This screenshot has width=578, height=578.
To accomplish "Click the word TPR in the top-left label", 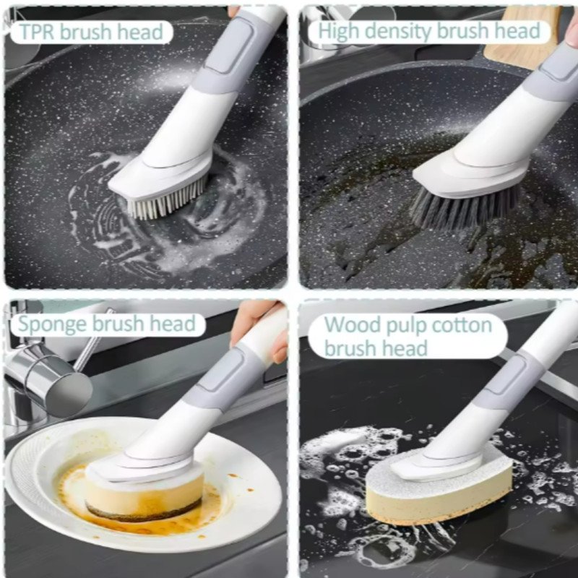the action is [38, 32].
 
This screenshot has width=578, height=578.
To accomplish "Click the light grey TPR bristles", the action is [167, 200].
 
